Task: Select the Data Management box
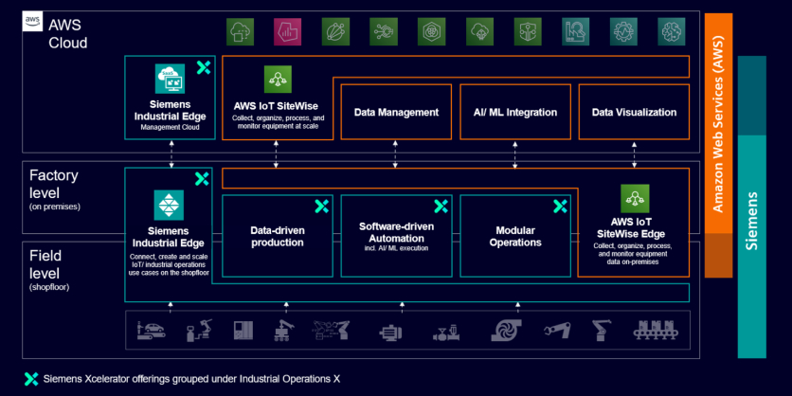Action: (x=396, y=112)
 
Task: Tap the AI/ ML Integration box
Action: (x=515, y=112)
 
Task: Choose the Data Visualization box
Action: (x=634, y=112)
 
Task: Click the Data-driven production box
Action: (x=277, y=237)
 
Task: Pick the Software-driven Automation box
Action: (x=396, y=237)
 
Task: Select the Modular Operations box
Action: (x=515, y=237)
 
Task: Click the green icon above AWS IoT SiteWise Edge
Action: (x=634, y=198)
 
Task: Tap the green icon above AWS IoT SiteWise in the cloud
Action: (x=278, y=79)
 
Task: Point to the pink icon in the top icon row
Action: (x=288, y=32)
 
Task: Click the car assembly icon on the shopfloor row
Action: (x=153, y=332)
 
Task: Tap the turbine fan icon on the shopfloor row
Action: (x=502, y=332)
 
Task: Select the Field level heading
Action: (x=46, y=257)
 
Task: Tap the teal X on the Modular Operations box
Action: (x=559, y=206)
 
